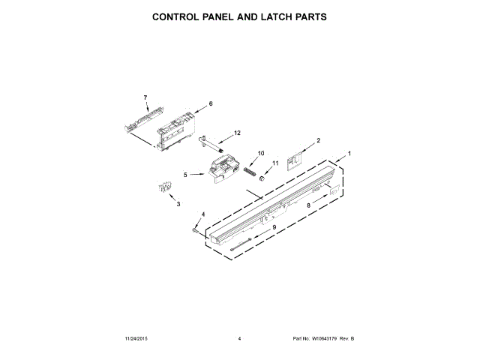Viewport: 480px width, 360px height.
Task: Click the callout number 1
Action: pyautogui.click(x=348, y=154)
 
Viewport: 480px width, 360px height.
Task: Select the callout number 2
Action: pyautogui.click(x=318, y=140)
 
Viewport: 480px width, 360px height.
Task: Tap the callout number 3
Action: pyautogui.click(x=178, y=204)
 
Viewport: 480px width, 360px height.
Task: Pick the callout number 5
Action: pyautogui.click(x=185, y=175)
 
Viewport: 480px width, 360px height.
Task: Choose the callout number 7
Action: pyautogui.click(x=145, y=97)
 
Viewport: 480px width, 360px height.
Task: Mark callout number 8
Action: pyautogui.click(x=307, y=205)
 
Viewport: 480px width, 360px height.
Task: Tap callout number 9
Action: pyautogui.click(x=274, y=227)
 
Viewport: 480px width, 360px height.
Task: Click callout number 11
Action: pyautogui.click(x=274, y=163)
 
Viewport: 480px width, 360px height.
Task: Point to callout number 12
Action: pyautogui.click(x=237, y=133)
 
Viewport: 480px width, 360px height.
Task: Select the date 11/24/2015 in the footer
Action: pyautogui.click(x=139, y=339)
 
